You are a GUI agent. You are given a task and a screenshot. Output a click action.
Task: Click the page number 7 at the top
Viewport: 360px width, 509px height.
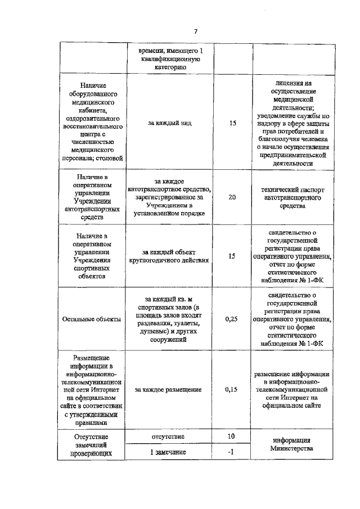(195, 31)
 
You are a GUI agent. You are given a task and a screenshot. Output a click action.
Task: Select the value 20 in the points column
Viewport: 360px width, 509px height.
(232, 198)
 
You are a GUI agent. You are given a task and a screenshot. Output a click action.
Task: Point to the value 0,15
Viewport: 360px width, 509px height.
(232, 389)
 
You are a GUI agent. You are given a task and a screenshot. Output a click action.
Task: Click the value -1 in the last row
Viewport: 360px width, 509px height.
(231, 452)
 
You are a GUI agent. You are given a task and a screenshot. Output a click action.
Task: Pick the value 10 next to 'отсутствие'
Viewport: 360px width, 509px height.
(231, 437)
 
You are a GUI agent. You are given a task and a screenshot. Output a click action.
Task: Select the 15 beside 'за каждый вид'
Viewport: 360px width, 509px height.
(232, 121)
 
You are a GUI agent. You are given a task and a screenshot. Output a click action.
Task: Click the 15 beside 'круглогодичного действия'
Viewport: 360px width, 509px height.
(232, 256)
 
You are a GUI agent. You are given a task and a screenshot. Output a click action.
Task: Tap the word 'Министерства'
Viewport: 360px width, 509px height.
(291, 448)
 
